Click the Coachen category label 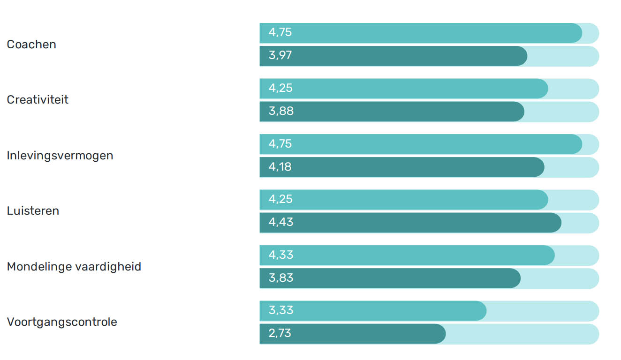point(31,45)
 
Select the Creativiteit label point(38,100)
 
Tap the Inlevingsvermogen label point(60,156)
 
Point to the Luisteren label point(33,211)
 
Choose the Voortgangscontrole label point(62,322)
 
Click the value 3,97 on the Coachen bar point(280,56)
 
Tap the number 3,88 point(281,112)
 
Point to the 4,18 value point(280,167)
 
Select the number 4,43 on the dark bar point(281,222)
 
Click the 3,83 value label point(281,278)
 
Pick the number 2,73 point(280,333)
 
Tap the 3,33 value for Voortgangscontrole point(281,310)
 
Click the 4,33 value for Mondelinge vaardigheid point(281,255)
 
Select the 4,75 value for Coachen point(280,33)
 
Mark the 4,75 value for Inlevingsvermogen point(280,144)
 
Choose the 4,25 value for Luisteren point(280,199)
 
